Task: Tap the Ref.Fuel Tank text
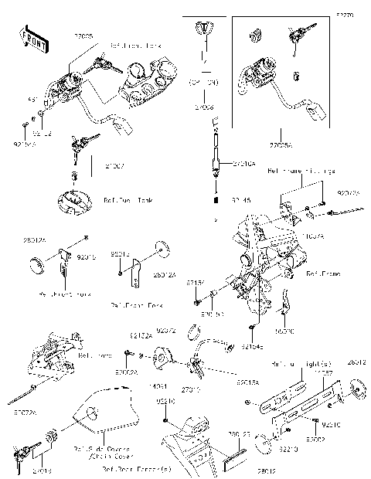[x=128, y=200]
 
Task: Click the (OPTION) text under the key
[x=204, y=80]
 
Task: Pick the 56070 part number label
[x=286, y=329]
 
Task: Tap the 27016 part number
[x=41, y=469]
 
